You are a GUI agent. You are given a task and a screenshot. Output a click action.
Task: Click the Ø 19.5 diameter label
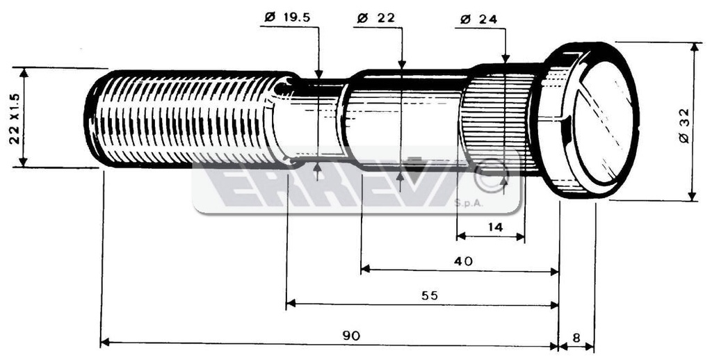coord(287,17)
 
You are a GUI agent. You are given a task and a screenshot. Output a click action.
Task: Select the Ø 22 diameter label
coord(376,18)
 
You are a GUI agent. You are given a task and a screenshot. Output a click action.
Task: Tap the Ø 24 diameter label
coord(478,19)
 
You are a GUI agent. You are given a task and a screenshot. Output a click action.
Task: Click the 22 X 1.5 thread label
coord(15,118)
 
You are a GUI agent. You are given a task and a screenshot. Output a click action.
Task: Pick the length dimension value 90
coord(350,336)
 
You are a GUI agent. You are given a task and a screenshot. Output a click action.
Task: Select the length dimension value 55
coord(429,296)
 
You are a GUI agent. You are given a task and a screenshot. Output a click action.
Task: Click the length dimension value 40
coord(463,261)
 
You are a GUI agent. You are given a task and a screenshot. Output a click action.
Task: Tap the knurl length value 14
coord(494,227)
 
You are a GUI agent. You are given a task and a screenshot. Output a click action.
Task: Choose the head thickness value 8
coord(576,338)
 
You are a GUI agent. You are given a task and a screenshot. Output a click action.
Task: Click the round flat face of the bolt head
coord(603,122)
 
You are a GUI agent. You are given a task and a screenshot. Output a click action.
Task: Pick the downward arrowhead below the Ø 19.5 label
coord(318,74)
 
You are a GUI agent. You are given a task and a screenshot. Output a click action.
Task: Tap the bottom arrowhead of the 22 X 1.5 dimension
coord(24,162)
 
